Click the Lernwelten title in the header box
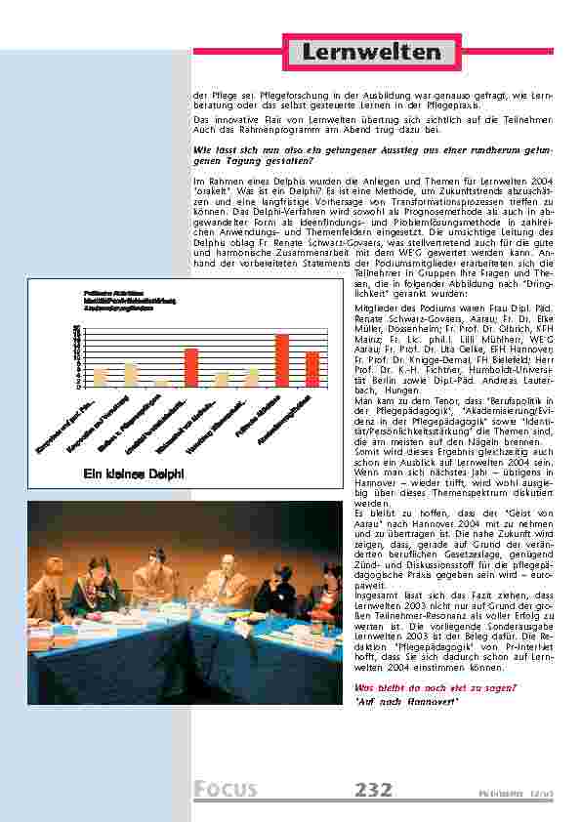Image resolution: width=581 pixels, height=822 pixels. point(371,52)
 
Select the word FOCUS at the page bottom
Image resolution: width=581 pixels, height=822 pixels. point(226,789)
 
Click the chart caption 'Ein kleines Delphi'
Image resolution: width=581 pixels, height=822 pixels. point(125,475)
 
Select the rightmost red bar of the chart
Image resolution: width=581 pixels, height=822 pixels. point(312,369)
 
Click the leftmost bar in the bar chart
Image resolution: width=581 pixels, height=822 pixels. point(101,377)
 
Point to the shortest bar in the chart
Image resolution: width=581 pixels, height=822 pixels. point(161,383)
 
